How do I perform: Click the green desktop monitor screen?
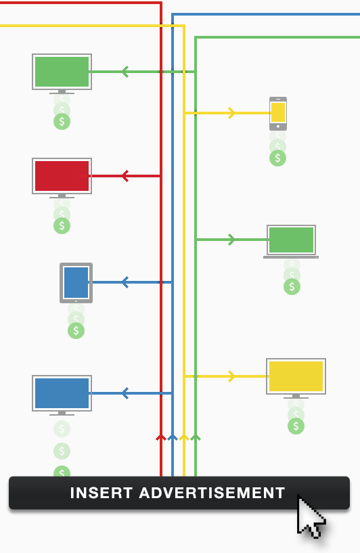pos(62,72)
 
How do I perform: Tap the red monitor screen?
pos(62,176)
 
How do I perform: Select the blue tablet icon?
pos(76,283)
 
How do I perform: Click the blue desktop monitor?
pos(62,395)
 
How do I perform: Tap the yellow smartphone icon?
pos(278,114)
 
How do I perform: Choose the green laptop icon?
pos(291,242)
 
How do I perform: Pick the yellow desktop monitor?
pos(296,378)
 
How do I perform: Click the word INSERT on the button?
pos(102,493)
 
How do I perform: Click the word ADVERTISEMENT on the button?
pos(212,493)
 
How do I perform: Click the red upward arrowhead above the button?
pos(161,438)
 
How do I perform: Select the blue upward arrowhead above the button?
pos(173,438)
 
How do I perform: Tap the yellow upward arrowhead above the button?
pos(184,438)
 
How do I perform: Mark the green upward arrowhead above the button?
pos(196,438)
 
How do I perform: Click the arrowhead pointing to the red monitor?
pos(125,176)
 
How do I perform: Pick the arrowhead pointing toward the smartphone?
pos(231,113)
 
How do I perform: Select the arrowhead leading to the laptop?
pos(231,240)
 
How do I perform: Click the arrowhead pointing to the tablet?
pos(125,282)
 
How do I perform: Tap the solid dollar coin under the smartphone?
pos(278,158)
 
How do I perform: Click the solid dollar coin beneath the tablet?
pos(76,331)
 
